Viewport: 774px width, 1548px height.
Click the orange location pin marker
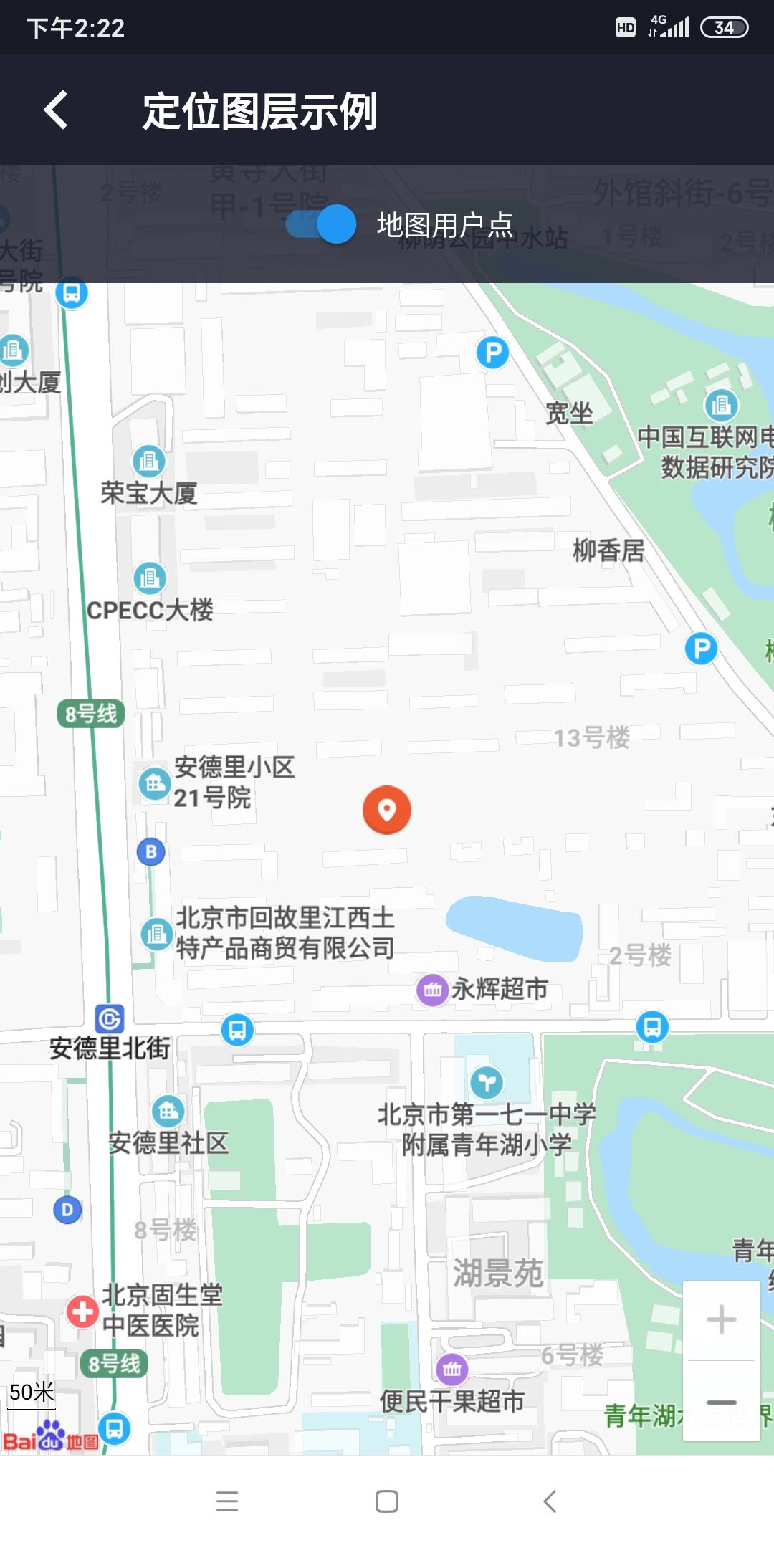387,810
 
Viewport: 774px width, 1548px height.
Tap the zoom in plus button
721,1319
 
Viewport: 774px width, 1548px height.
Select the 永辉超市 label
500,989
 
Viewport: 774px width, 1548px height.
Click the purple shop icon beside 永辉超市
432,990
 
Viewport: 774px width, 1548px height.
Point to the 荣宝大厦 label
149,493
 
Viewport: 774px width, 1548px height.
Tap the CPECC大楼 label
150,611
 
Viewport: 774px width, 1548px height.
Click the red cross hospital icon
82,1311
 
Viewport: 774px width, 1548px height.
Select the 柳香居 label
608,550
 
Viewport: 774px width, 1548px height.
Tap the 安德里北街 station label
110,1048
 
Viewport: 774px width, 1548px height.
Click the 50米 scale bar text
32,1392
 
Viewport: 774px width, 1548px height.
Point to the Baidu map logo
50,1435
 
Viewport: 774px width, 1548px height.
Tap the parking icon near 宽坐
493,353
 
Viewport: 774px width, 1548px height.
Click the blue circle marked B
150,851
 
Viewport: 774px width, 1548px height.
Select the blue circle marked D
67,1210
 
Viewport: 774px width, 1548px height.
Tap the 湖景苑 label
498,1274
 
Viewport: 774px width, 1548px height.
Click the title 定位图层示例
259,111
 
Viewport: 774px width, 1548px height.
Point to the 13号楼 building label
591,737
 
